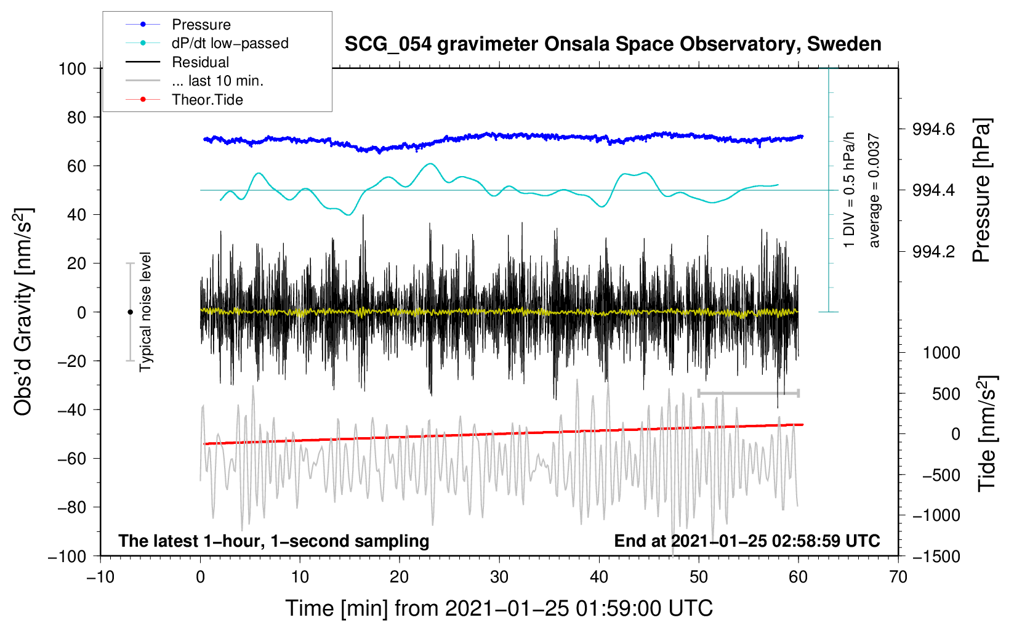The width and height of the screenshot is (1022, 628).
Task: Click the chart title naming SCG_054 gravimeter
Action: click(613, 44)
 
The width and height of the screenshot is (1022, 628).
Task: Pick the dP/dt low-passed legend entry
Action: click(230, 43)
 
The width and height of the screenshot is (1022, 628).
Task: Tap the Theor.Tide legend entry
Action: click(207, 100)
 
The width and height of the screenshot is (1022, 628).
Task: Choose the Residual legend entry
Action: click(200, 62)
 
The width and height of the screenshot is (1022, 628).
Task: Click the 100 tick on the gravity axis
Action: click(72, 68)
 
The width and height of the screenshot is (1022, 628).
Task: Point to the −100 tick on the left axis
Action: click(68, 556)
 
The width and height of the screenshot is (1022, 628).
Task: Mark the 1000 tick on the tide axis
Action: click(941, 353)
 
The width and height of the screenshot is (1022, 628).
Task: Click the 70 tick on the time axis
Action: click(898, 577)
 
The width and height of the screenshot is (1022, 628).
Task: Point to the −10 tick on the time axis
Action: click(100, 577)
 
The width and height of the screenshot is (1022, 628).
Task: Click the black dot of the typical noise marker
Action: click(130, 312)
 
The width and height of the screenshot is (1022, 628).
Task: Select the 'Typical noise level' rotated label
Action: click(145, 312)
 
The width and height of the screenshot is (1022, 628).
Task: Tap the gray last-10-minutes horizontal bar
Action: click(748, 393)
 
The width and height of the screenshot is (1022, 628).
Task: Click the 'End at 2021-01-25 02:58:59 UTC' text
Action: click(747, 541)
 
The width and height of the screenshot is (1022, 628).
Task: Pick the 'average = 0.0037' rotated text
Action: click(874, 191)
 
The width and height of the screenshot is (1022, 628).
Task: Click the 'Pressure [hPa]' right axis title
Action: click(982, 191)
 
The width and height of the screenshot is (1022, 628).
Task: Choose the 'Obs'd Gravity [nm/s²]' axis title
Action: click(23, 312)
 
